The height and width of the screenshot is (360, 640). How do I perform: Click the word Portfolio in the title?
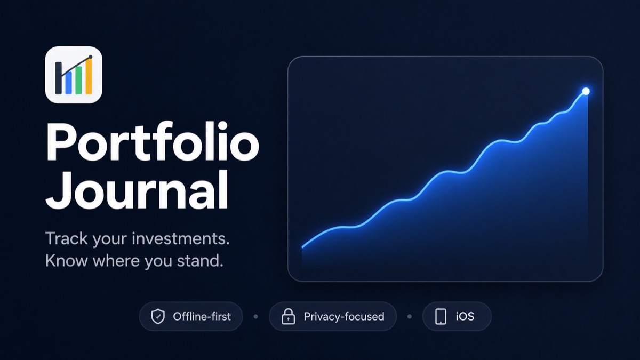pos(153,142)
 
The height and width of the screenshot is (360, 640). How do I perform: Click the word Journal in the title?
pos(137,190)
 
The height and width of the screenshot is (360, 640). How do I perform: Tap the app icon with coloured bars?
pos(74,75)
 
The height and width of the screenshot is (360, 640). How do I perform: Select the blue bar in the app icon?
pos(69,83)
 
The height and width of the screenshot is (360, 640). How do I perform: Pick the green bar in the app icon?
pos(78,81)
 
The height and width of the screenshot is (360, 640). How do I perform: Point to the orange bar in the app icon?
pos(89,76)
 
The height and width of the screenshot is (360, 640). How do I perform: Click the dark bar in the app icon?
pos(58,78)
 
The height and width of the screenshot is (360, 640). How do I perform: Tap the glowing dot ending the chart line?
pos(586,91)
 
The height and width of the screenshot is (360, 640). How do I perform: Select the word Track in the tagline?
pos(66,238)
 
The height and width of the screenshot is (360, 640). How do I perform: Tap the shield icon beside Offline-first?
pos(158,317)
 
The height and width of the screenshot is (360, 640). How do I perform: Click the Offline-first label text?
pos(202,317)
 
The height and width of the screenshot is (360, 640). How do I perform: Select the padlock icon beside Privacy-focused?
pos(289,316)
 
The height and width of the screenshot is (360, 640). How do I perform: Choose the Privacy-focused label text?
pos(344,317)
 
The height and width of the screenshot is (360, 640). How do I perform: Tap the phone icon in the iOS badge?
pos(441,317)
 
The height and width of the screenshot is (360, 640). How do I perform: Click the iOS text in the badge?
pos(465,317)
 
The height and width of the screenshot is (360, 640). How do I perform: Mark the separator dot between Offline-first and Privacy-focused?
pos(255,317)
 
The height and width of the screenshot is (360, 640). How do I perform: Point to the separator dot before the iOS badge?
pos(410,317)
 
